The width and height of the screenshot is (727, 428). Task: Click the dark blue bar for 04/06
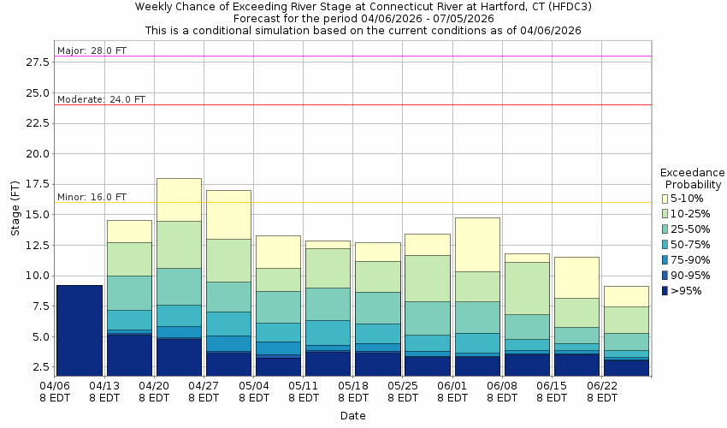tap(80, 330)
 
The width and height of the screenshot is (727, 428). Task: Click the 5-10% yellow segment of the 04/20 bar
tap(179, 199)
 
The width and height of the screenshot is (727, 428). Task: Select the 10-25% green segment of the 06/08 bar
tap(527, 288)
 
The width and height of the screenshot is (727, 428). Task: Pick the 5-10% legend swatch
tap(665, 199)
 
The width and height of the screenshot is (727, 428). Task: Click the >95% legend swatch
tap(665, 291)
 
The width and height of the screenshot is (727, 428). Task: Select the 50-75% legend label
tap(691, 245)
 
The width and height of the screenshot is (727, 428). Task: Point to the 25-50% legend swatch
tap(665, 229)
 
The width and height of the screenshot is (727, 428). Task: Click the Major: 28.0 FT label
tap(92, 51)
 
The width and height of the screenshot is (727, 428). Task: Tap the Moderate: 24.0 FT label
tap(101, 99)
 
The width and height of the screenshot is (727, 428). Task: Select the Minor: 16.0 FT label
tap(92, 197)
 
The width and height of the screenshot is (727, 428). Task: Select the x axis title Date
tap(352, 416)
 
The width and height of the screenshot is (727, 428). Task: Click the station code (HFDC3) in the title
tap(568, 6)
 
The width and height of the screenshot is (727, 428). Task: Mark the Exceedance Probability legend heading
tap(693, 178)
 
